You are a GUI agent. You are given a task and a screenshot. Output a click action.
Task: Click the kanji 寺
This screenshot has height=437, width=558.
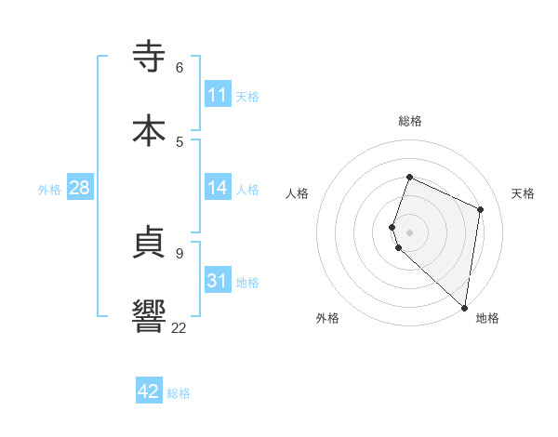pyautogui.click(x=151, y=57)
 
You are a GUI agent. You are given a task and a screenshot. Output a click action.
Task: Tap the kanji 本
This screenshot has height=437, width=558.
pyautogui.click(x=151, y=129)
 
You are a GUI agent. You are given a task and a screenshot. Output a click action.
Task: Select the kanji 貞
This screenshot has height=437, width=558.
pyautogui.click(x=151, y=241)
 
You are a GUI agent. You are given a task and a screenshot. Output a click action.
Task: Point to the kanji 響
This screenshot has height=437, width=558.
pyautogui.click(x=151, y=314)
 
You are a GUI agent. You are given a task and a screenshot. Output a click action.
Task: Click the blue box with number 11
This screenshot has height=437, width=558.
pyautogui.click(x=218, y=95)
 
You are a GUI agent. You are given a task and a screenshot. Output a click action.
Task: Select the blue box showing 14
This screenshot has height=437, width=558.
pyautogui.click(x=218, y=188)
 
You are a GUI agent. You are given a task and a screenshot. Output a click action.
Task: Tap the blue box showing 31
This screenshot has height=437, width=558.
pyautogui.click(x=218, y=281)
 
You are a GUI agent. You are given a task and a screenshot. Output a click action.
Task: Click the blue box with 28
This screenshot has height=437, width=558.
pyautogui.click(x=80, y=188)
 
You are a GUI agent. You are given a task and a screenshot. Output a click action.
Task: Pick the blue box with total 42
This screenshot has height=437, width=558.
pyautogui.click(x=149, y=391)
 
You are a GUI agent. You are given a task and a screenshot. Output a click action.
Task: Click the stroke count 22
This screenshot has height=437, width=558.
pyautogui.click(x=179, y=327)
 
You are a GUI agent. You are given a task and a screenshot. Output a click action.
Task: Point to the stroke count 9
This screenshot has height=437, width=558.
pyautogui.click(x=179, y=253)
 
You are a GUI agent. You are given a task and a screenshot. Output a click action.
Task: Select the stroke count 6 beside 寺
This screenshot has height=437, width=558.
pyautogui.click(x=179, y=67)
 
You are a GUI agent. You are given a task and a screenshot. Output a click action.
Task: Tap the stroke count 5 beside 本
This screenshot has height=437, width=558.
pyautogui.click(x=179, y=141)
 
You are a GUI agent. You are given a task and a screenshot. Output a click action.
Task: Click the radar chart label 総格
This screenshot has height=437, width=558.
pyautogui.click(x=410, y=121)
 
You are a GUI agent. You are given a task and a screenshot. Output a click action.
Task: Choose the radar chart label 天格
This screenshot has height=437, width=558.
pyautogui.click(x=523, y=193)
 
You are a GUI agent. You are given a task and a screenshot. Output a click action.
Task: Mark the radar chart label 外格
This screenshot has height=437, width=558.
pyautogui.click(x=327, y=318)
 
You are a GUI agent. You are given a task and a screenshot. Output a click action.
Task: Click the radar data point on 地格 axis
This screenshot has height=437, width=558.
pyautogui.click(x=465, y=307)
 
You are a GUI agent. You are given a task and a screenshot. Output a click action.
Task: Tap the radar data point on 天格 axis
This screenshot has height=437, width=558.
pyautogui.click(x=481, y=209)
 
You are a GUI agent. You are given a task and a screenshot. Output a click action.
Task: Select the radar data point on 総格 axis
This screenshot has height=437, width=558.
pyautogui.click(x=409, y=177)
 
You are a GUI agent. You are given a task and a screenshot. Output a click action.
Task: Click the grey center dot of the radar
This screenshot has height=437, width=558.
pyautogui.click(x=409, y=232)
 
